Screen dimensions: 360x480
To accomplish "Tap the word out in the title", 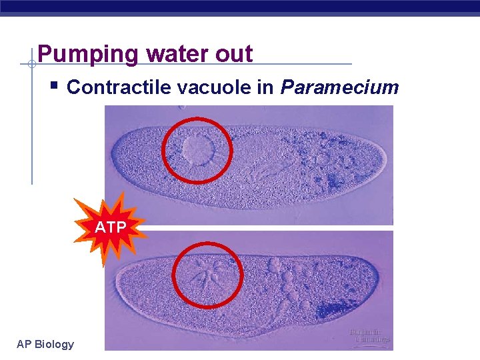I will click(234, 54).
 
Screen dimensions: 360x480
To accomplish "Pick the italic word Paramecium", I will click(340, 87).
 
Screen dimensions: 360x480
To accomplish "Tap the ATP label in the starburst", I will click(111, 227).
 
